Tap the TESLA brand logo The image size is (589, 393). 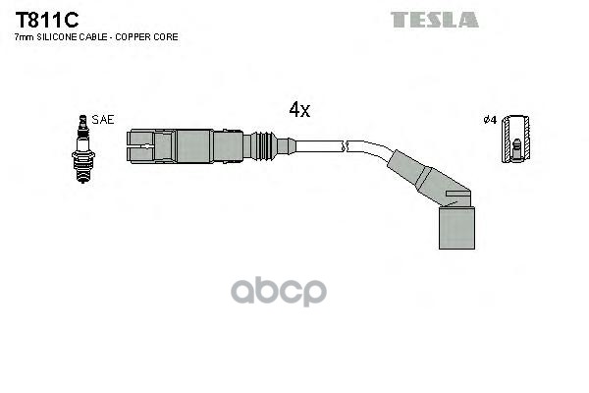[434, 20]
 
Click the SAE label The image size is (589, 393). [103, 119]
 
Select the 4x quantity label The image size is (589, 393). [298, 110]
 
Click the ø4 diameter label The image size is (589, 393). [490, 120]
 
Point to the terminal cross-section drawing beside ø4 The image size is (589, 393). [514, 139]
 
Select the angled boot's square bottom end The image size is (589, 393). [455, 228]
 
